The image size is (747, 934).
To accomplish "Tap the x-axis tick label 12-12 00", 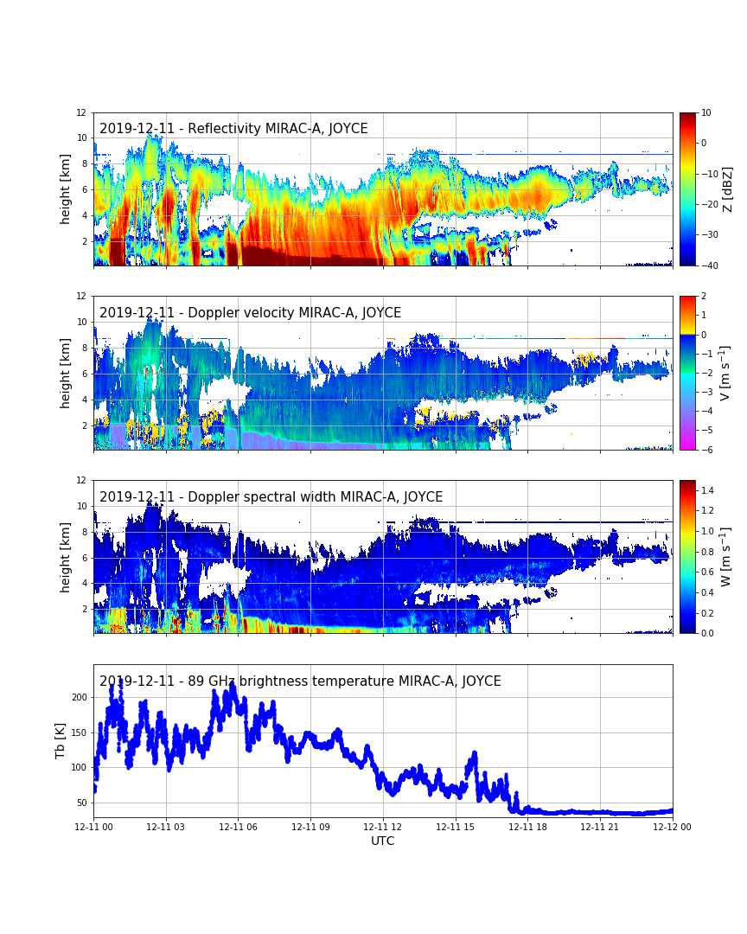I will click(672, 828).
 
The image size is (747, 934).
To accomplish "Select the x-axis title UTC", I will click(383, 841).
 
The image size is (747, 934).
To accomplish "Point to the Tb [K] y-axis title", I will click(61, 741).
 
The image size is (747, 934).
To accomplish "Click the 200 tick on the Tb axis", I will click(79, 697).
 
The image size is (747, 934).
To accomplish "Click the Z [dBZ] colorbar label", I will click(727, 189).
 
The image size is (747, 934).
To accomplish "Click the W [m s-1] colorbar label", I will click(726, 556).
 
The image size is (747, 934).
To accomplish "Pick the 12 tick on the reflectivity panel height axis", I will click(80, 112).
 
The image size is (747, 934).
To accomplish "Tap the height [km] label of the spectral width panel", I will click(66, 557).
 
